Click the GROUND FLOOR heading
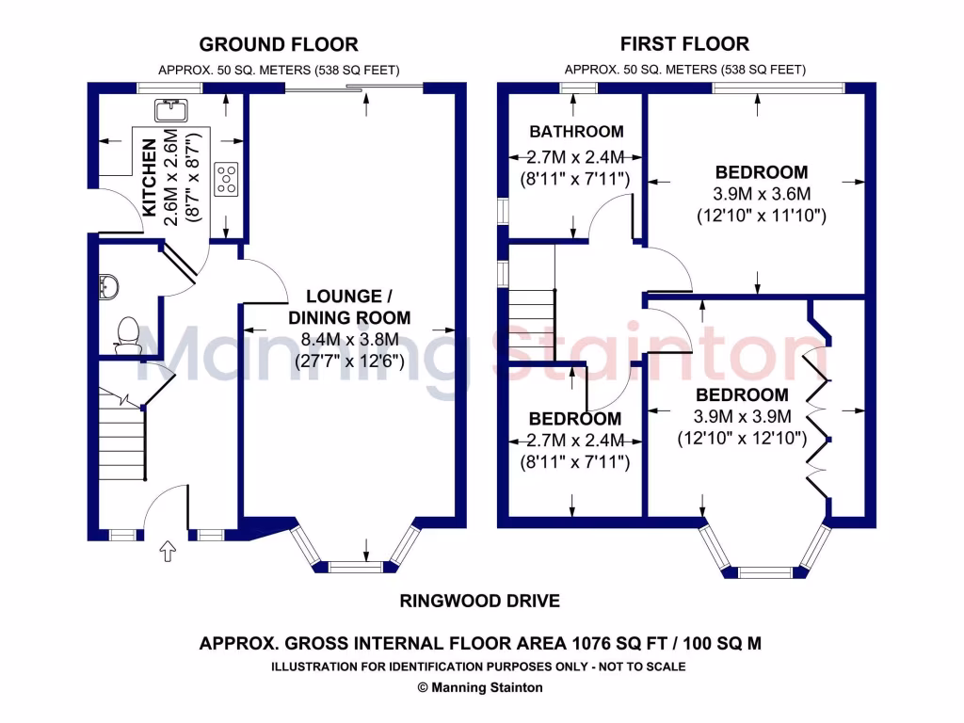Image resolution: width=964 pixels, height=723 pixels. (x=278, y=44)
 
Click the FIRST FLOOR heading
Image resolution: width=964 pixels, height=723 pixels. (x=684, y=44)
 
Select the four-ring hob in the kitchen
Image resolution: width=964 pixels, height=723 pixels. (x=226, y=179)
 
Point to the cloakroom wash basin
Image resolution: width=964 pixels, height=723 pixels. (x=107, y=285)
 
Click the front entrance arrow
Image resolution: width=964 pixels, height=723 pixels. (x=169, y=552)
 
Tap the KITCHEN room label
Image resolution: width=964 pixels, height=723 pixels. (x=149, y=177)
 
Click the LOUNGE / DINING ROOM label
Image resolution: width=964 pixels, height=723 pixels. (x=348, y=307)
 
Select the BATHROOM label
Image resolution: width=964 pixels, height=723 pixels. (x=575, y=132)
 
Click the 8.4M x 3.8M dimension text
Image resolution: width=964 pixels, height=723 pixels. (x=349, y=340)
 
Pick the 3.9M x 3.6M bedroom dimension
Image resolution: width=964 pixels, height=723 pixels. (x=761, y=194)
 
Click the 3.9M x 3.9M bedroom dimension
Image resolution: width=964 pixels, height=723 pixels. (x=742, y=416)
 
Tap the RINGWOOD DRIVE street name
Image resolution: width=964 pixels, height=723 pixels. (x=479, y=601)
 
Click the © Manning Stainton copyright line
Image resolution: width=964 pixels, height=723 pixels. (x=479, y=687)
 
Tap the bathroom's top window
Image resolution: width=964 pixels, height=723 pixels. (x=578, y=88)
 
